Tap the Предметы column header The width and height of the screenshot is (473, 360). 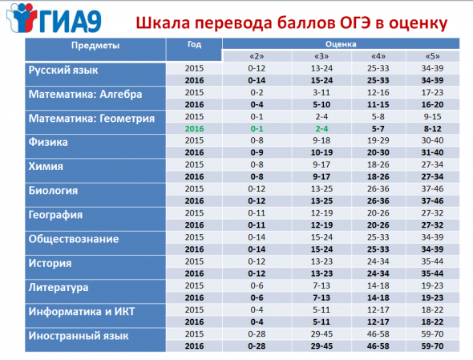[95, 46]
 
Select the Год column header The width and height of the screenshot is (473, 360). [194, 44]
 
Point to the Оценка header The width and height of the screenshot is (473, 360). [341, 44]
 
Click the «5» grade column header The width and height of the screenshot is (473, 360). [433, 56]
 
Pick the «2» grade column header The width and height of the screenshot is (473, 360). [257, 56]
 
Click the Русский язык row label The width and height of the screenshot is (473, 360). [63, 71]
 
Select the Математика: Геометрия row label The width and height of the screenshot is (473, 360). [91, 119]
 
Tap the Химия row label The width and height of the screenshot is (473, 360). [46, 167]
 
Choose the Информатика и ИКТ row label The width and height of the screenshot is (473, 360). [82, 311]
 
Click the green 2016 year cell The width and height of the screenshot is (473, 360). [194, 129]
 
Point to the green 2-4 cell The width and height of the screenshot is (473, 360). [321, 129]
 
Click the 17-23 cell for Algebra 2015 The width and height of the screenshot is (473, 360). [433, 92]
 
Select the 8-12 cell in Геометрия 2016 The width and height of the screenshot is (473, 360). [433, 129]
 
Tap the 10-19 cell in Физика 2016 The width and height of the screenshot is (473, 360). [321, 152]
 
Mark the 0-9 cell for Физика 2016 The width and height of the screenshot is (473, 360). [257, 152]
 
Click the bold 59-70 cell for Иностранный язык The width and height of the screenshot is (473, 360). [433, 346]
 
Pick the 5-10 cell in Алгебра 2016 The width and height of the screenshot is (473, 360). [321, 105]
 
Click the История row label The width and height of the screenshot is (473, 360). [50, 264]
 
